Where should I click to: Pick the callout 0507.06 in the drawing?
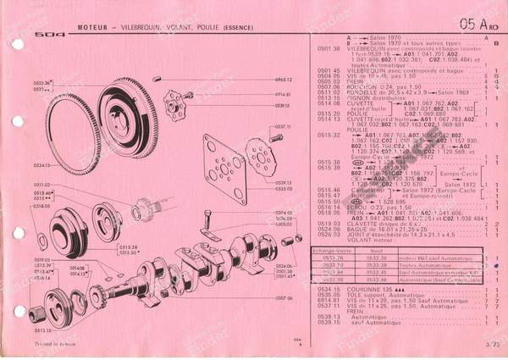pyautogui.click(x=284, y=298)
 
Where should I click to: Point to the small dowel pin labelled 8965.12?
pyautogui.click(x=158, y=80)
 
